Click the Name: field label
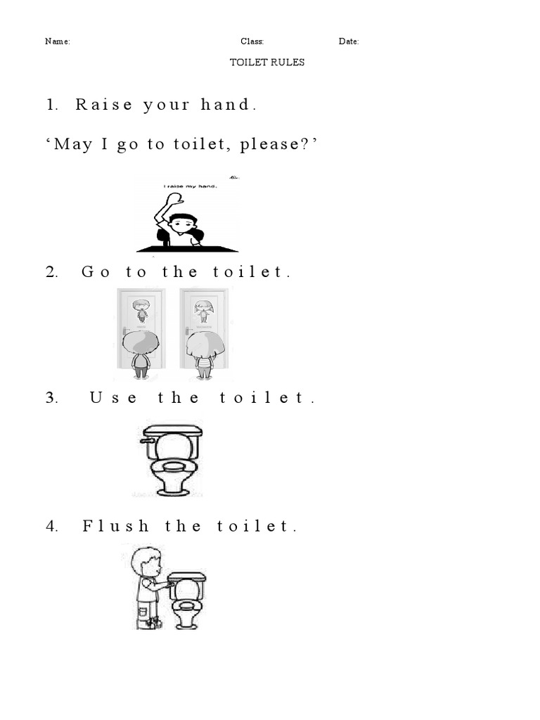[58, 41]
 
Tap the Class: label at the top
[252, 41]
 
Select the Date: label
[349, 41]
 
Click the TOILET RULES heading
[266, 62]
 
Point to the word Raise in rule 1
[104, 104]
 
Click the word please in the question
[270, 145]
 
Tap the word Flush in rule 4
[116, 526]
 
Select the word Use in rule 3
[113, 398]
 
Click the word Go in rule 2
[96, 271]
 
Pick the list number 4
[51, 526]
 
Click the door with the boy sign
[141, 328]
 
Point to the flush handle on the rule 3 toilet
[146, 440]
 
